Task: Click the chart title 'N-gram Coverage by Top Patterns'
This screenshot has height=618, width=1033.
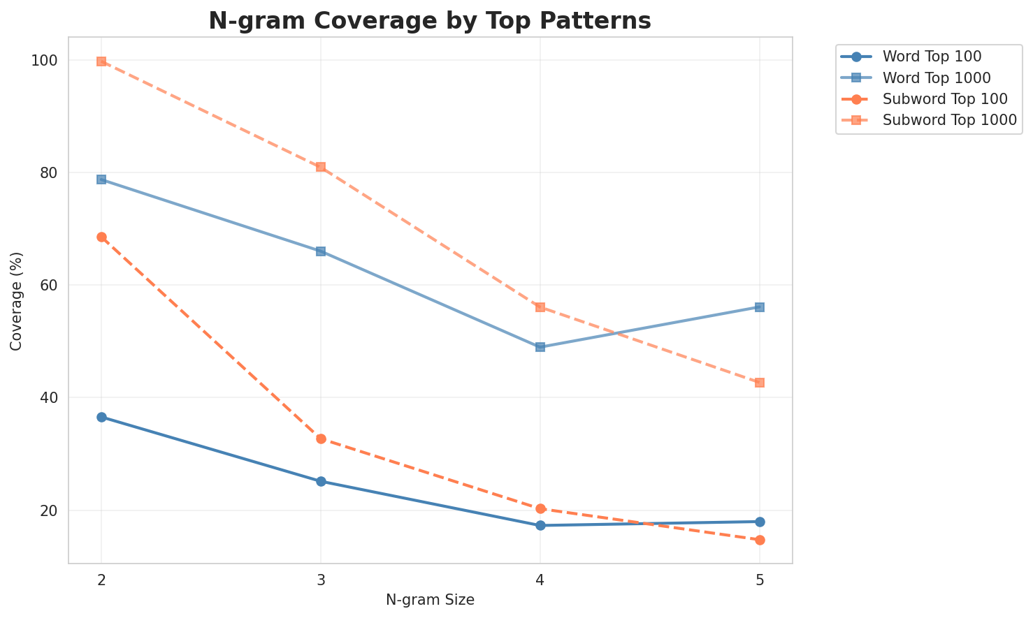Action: [430, 21]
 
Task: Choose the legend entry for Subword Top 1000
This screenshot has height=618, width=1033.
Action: [949, 119]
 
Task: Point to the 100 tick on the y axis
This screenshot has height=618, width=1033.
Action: [45, 61]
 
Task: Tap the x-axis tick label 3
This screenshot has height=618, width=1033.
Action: [321, 580]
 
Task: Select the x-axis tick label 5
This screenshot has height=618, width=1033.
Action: [760, 580]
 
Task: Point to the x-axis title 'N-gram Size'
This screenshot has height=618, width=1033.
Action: [430, 601]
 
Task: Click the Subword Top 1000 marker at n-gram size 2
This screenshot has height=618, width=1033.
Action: [101, 61]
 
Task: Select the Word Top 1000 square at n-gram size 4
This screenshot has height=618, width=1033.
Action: [540, 347]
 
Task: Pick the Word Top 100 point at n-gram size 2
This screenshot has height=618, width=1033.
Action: [101, 418]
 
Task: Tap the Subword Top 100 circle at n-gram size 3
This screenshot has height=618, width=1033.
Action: [321, 439]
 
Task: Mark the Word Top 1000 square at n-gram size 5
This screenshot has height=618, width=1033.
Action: [760, 307]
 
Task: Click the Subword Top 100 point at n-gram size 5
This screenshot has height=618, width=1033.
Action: [760, 540]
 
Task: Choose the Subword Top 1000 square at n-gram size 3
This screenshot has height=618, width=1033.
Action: [321, 167]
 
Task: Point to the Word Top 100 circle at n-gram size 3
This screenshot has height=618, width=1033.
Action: [321, 482]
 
